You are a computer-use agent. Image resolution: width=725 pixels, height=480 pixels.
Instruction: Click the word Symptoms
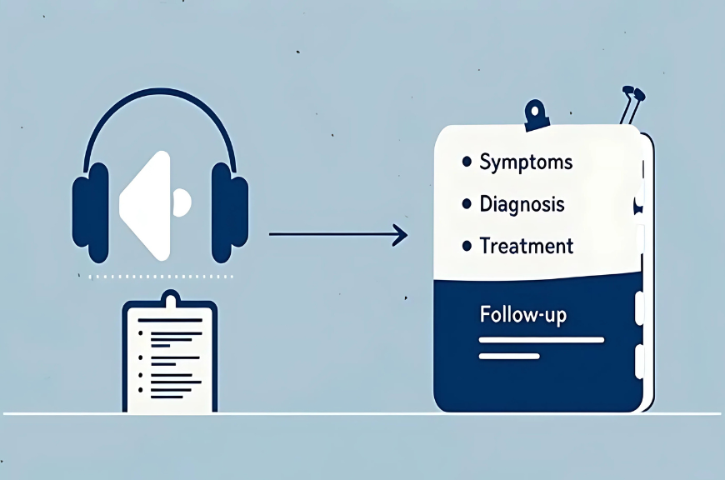coord(526,162)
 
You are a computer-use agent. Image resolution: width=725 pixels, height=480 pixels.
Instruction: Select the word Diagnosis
coord(522,204)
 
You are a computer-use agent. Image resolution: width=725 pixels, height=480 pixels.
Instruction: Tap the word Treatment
coord(527,246)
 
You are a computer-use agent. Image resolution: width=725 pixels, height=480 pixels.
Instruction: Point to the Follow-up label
coord(523,315)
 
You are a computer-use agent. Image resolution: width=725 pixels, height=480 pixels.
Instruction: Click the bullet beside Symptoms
coord(467,162)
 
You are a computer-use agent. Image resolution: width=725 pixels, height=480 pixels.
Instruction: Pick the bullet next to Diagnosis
coord(467,203)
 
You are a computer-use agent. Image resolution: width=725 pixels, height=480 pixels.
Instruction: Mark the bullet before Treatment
coord(467,246)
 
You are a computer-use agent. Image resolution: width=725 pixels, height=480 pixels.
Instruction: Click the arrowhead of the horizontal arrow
coord(400,235)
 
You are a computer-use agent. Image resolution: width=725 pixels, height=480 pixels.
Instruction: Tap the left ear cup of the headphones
coord(91,212)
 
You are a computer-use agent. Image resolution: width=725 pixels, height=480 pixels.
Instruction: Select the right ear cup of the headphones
coord(230,212)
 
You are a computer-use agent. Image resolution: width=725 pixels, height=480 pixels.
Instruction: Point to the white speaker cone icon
coord(145,206)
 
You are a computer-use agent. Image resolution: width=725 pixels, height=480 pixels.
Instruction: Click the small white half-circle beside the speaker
coord(182,202)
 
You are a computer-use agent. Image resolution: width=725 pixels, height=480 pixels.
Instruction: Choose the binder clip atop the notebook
coord(537,115)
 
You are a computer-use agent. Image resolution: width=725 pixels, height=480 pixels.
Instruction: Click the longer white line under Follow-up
coord(542,340)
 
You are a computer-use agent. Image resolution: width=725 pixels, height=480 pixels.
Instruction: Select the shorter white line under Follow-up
coord(509,356)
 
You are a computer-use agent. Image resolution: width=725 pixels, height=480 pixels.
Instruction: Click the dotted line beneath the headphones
coord(161,277)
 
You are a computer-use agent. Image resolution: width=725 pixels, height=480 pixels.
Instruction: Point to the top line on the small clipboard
coord(170,320)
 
